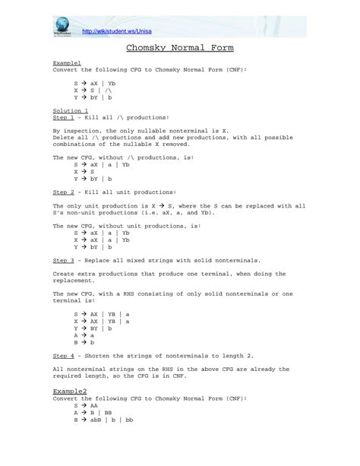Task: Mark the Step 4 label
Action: [x=64, y=355]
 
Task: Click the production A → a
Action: [x=84, y=334]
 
